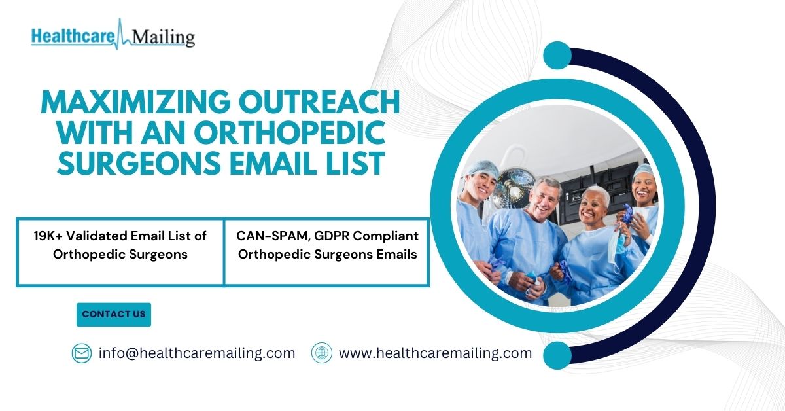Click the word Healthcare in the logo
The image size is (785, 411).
(x=73, y=37)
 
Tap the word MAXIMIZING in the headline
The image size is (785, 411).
(x=135, y=101)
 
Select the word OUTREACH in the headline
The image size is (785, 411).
(x=319, y=101)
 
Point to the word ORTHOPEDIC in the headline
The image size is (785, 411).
(x=290, y=133)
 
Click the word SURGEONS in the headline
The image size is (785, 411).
(x=139, y=163)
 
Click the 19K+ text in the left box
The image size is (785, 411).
(x=48, y=236)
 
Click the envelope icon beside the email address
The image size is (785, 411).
(x=82, y=353)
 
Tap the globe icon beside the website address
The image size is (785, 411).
(x=321, y=353)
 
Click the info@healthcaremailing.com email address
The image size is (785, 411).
(x=197, y=353)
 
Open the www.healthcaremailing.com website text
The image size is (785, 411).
(x=435, y=353)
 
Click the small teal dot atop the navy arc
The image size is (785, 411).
(x=557, y=56)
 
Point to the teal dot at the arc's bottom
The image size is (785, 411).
(x=557, y=355)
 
